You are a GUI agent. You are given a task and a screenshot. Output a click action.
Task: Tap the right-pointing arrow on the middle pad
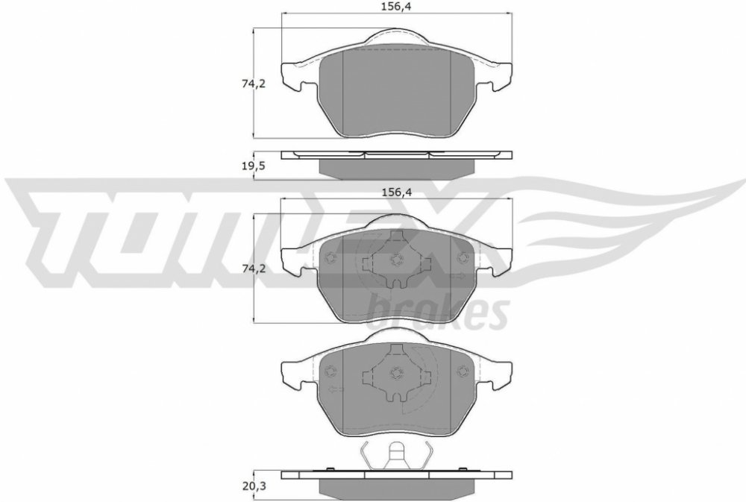point(459,275)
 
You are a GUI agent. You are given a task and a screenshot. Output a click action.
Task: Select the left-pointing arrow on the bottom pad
point(336,389)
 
